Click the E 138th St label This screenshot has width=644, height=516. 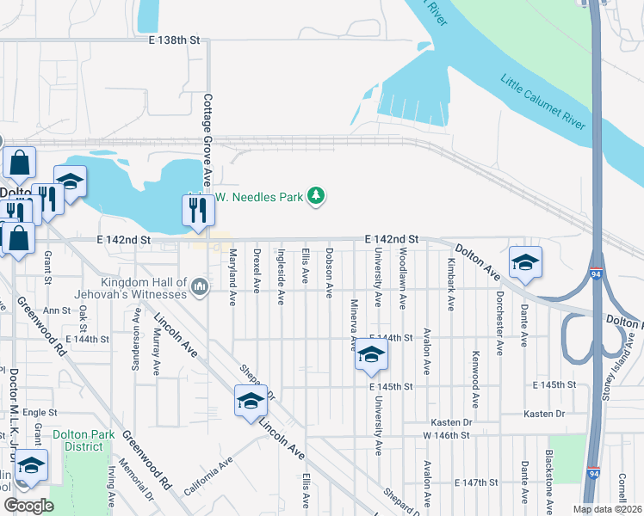(x=173, y=40)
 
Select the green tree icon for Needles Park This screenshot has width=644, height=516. (x=317, y=197)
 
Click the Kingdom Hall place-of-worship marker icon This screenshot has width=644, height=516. (x=200, y=285)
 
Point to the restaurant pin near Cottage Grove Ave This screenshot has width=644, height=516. (x=198, y=210)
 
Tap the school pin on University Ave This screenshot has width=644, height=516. (x=370, y=356)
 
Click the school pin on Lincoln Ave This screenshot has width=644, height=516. (x=251, y=401)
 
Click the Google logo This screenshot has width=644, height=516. (x=28, y=505)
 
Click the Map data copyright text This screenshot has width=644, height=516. (x=607, y=509)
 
